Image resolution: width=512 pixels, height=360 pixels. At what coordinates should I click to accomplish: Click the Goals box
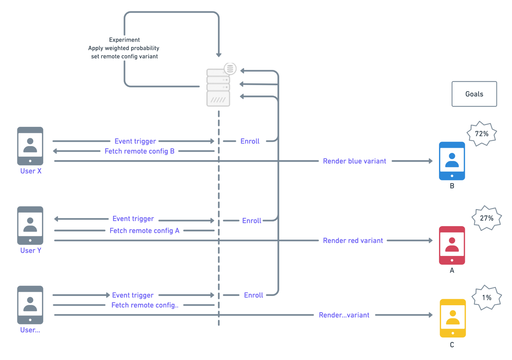(x=474, y=94)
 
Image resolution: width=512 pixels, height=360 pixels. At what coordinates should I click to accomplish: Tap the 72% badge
(x=482, y=134)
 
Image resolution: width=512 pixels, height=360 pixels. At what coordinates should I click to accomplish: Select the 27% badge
(x=486, y=218)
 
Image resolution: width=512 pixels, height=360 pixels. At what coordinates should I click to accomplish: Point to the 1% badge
(x=486, y=298)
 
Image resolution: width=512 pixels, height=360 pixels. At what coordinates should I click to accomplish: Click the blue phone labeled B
(x=452, y=161)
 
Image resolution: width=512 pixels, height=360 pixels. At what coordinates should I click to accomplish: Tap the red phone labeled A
(x=452, y=245)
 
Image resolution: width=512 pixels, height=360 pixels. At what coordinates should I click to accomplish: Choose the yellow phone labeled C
(x=452, y=318)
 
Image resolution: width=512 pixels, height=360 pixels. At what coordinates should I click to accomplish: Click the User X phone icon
(x=30, y=146)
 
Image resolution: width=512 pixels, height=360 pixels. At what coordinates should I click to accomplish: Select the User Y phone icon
(x=30, y=225)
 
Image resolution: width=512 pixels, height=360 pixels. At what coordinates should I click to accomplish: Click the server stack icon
(x=218, y=87)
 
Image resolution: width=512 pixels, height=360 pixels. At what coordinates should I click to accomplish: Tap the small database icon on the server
(x=230, y=69)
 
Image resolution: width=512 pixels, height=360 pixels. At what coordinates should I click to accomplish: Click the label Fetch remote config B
(x=140, y=151)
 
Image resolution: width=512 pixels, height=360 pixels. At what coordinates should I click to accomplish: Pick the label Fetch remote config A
(x=144, y=231)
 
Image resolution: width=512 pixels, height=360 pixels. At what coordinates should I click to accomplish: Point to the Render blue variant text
(x=354, y=161)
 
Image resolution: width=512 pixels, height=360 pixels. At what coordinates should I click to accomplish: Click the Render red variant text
(x=353, y=241)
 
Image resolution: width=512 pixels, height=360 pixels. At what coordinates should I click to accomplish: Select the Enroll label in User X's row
(x=250, y=141)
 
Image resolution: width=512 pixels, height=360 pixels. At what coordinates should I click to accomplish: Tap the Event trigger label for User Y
(x=133, y=219)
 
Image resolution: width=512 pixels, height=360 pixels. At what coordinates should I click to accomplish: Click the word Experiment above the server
(x=124, y=40)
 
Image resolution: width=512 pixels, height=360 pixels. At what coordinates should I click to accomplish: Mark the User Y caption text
(x=31, y=250)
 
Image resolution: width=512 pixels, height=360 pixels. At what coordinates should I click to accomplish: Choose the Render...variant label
(x=344, y=315)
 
